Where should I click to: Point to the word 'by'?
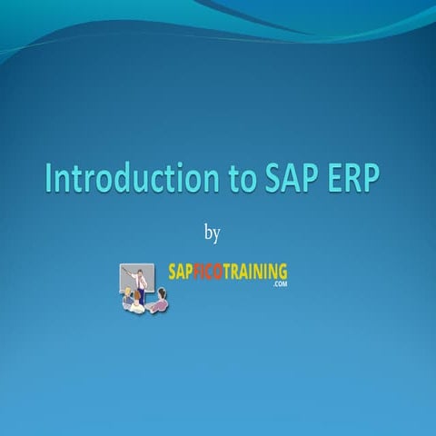[212, 234]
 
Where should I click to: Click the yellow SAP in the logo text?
[181, 271]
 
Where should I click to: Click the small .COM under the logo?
[278, 284]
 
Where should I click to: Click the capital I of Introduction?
[49, 179]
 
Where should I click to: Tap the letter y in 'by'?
[216, 236]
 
